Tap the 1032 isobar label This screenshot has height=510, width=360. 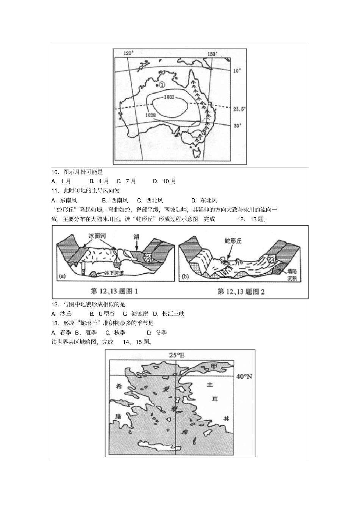169,97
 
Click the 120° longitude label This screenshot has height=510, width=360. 129,53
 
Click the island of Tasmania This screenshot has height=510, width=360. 196,153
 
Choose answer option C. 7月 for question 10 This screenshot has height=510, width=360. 127,181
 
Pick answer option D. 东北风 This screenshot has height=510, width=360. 204,200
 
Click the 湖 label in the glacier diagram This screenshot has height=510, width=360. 136,236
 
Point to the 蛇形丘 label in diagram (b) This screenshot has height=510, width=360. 232,240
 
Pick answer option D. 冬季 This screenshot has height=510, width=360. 157,333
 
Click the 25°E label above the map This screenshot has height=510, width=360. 176,355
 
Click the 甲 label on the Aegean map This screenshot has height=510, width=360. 214,366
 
